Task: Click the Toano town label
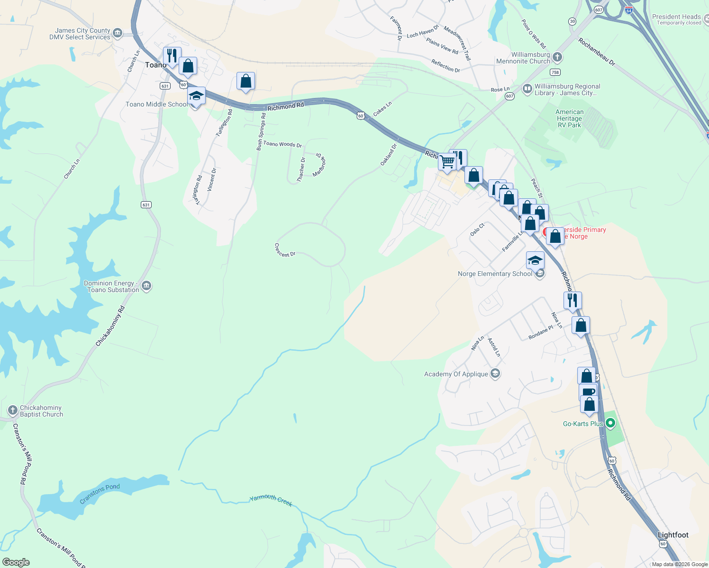(155, 65)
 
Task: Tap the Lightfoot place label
(673, 535)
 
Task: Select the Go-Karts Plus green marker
(610, 423)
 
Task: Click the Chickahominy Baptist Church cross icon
(13, 410)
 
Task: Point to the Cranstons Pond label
(100, 493)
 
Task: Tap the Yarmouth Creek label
(271, 500)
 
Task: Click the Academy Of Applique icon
(495, 373)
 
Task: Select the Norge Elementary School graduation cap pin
(535, 260)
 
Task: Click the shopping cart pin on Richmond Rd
(447, 162)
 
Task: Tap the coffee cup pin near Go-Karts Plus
(588, 392)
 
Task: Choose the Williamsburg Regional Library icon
(527, 89)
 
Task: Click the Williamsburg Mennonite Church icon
(557, 57)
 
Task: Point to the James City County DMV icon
(118, 33)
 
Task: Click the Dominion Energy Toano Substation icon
(146, 286)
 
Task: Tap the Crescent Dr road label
(285, 250)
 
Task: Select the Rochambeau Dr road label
(596, 52)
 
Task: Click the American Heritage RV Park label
(569, 118)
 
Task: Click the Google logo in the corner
(16, 562)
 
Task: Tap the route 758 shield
(555, 72)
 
